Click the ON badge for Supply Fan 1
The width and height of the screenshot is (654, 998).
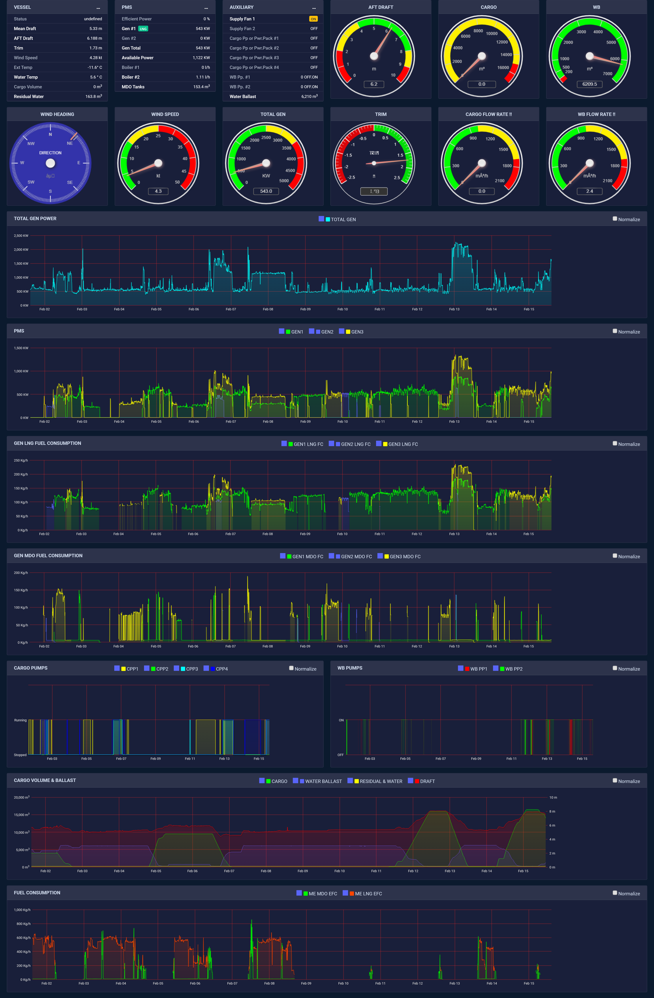click(313, 19)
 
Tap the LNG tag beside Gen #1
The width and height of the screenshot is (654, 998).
click(143, 29)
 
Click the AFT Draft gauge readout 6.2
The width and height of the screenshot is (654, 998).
click(374, 84)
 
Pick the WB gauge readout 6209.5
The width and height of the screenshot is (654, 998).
click(589, 84)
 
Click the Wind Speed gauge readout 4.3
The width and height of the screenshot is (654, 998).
click(158, 191)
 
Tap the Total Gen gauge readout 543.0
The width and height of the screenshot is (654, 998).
click(266, 191)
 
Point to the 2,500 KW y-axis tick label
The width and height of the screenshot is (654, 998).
click(21, 236)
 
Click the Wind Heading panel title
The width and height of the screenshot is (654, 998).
click(57, 114)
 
